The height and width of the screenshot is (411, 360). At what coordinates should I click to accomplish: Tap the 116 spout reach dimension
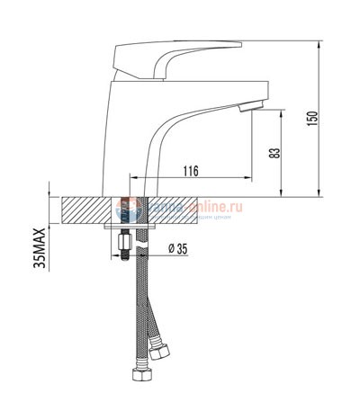[190, 171]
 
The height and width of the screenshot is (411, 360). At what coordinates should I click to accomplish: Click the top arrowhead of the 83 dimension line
[284, 114]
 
